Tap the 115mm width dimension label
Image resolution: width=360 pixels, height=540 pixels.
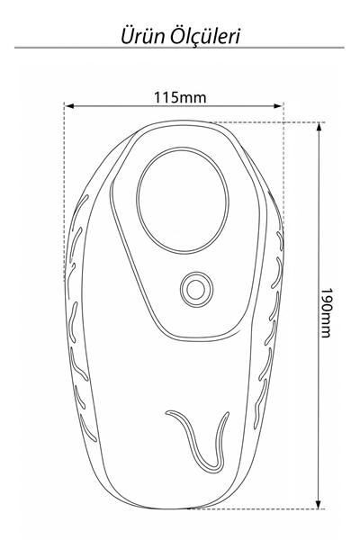point(180,97)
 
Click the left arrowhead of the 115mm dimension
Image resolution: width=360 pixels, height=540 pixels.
point(69,106)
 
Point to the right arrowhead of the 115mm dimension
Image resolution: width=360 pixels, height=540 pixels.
point(278,106)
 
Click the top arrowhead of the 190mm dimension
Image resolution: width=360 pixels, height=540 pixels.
point(319,128)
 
